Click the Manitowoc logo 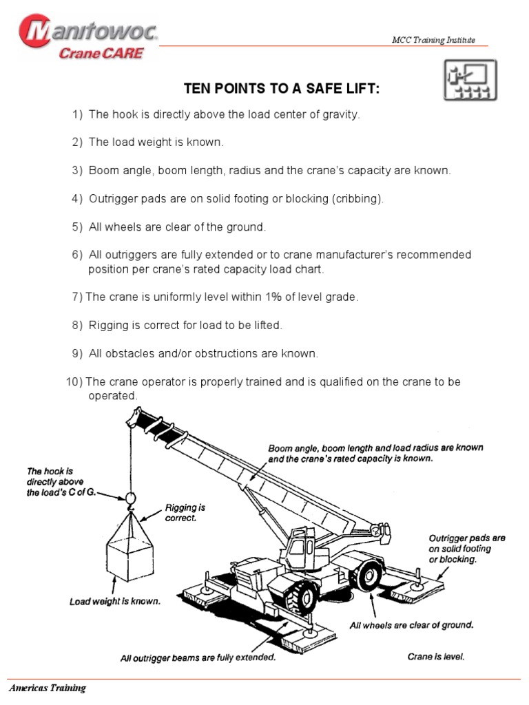[88, 38]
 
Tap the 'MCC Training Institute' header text [433, 40]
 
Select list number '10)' [74, 381]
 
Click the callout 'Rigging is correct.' [185, 513]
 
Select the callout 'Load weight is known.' [115, 601]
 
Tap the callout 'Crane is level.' [436, 656]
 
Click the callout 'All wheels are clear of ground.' [411, 625]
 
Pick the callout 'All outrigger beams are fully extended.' [198, 657]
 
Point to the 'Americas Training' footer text [47, 688]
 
